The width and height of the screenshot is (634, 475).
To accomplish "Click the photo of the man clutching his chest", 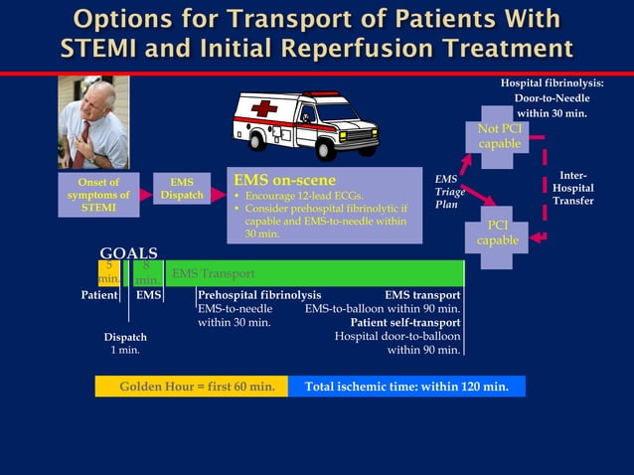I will tap(94, 122).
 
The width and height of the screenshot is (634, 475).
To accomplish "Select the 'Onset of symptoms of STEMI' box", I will tap(98, 195).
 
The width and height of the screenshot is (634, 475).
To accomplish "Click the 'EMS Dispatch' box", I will tap(182, 189).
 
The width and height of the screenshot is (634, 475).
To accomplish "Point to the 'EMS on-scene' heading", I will tap(284, 181).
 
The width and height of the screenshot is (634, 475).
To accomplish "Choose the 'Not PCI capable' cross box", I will tap(499, 137).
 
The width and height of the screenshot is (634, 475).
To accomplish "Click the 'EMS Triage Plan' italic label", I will tap(447, 191).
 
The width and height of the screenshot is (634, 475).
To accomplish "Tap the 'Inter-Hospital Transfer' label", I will tap(573, 188).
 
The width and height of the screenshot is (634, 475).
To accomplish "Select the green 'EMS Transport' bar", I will tap(314, 273).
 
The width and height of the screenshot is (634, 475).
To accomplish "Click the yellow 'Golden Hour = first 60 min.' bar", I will tap(191, 387).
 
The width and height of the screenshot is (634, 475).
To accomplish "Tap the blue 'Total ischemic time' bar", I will tap(406, 387).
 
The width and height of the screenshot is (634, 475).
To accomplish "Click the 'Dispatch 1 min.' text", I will tap(125, 344).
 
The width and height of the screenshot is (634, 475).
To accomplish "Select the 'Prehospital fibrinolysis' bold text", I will tap(259, 295).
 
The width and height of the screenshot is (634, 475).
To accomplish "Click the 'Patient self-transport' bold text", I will tap(404, 322).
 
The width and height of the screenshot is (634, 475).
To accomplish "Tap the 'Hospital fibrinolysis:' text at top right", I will tap(552, 83).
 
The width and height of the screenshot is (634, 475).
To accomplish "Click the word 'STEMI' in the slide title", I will tap(100, 48).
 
